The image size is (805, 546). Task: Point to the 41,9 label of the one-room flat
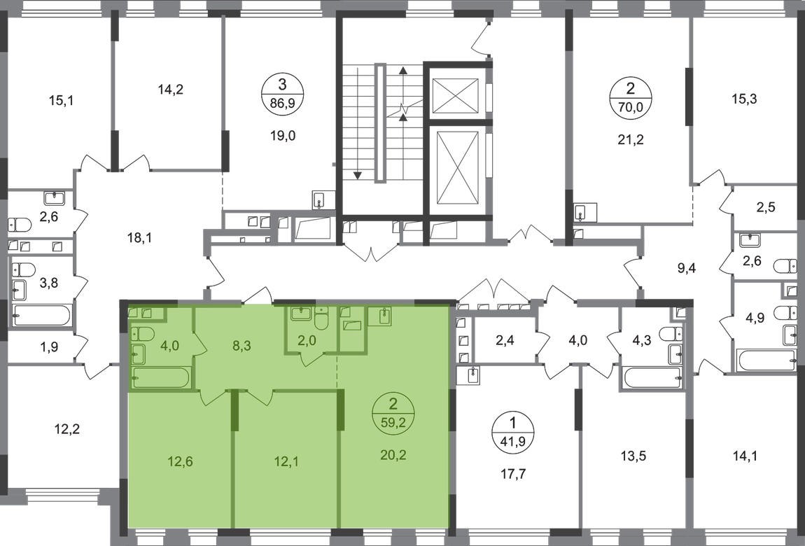click(x=513, y=440)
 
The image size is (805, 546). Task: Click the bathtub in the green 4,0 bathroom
click(x=161, y=378)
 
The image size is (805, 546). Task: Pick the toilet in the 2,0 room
click(x=321, y=320)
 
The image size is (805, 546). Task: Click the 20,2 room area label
click(x=394, y=454)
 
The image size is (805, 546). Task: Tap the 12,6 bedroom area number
click(x=180, y=461)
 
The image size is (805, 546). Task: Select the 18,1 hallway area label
click(x=139, y=237)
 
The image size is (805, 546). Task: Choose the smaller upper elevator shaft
click(x=456, y=95)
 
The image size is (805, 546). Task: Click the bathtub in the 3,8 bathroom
click(x=43, y=316)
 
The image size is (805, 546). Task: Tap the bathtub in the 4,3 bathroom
click(x=653, y=378)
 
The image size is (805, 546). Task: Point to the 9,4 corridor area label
click(x=687, y=267)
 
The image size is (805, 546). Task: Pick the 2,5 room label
click(x=766, y=207)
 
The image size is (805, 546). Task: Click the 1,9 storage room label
click(x=49, y=347)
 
